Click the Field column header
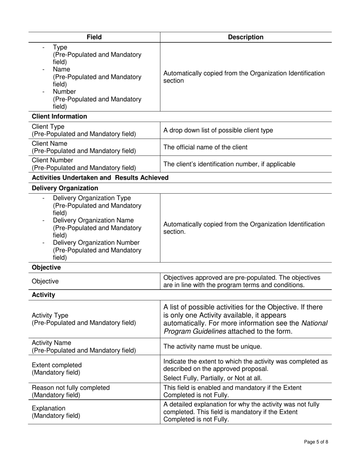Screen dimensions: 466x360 coord(94,37)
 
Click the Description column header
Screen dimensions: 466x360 coord(246,37)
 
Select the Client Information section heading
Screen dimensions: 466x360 coord(59,116)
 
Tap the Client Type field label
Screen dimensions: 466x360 coord(48,127)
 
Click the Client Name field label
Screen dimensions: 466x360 coord(50,144)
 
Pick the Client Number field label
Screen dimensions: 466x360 coord(53,160)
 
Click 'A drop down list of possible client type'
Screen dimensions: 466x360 coord(218,130)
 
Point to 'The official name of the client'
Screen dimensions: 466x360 coord(205,147)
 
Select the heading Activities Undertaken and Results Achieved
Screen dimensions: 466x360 coord(100,178)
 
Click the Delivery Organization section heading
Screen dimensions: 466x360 coord(65,188)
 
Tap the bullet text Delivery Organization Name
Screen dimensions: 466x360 coord(93,220)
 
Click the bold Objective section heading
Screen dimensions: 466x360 coord(46,267)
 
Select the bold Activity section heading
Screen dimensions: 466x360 coord(44,295)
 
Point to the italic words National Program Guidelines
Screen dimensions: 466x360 coord(246,328)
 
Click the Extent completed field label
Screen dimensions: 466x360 coord(57,365)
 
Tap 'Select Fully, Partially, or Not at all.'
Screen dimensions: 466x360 coord(212,378)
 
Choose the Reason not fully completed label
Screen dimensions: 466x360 coord(71,388)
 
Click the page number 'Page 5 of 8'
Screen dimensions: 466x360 coord(316,442)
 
